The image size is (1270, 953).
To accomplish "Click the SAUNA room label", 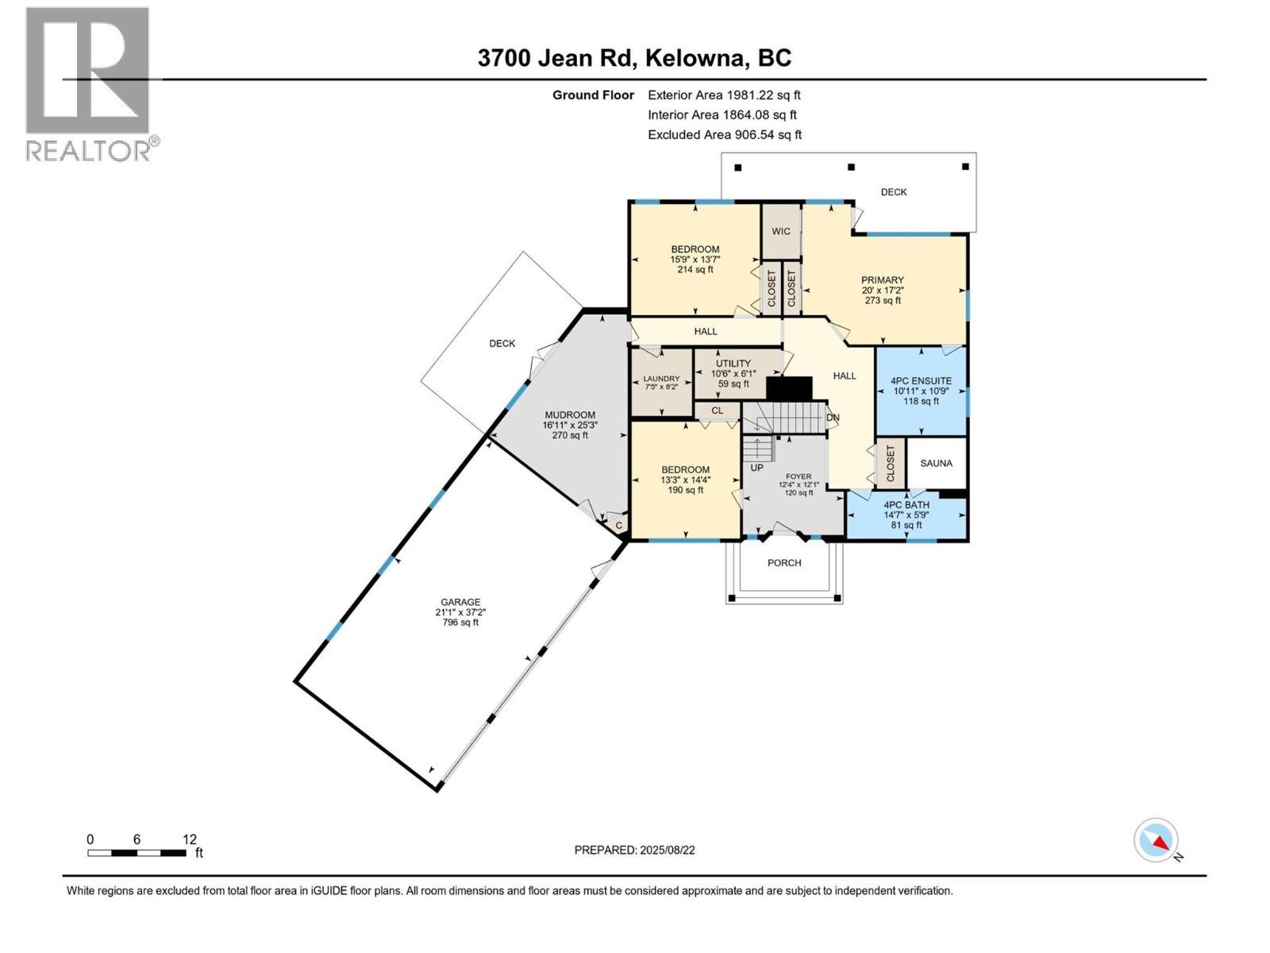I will pos(936,463).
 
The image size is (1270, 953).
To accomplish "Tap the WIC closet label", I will pos(781,231).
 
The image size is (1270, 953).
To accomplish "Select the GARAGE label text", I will pos(460,602).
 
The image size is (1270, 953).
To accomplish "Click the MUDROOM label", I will pos(569,415).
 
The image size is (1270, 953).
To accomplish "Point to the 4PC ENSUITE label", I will pos(921,381).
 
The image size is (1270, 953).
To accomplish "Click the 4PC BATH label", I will pos(906,505).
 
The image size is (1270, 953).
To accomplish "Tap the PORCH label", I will pos(784,563).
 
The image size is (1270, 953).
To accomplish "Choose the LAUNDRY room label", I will pos(661,379).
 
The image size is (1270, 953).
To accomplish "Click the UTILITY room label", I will pos(733,364).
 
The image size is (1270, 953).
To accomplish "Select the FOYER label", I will pos(799,476).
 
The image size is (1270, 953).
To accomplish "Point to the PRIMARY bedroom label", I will pos(883,280).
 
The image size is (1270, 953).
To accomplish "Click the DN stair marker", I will pos(833,418).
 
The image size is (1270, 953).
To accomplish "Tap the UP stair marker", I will pos(756,468).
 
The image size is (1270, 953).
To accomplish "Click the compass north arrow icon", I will pos(1156,841).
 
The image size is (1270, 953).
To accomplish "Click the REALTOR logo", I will pos(89,83).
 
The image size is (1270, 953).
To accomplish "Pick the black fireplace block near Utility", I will pos(789,388).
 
